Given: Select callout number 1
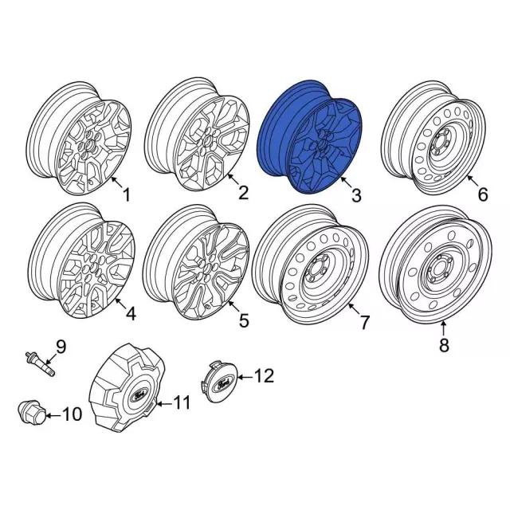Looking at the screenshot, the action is [x=126, y=194].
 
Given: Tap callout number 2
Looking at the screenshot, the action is [x=243, y=193].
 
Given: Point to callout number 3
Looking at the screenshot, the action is [x=356, y=195].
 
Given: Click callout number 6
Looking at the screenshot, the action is [x=483, y=194].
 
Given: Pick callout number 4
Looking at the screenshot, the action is [x=131, y=313].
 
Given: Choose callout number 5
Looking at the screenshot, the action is [x=244, y=320].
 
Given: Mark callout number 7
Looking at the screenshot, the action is [x=365, y=322].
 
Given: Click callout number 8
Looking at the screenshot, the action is [x=445, y=345].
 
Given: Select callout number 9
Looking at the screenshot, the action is [x=61, y=347].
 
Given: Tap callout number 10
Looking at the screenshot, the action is [x=72, y=414].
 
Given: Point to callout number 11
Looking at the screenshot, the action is [x=182, y=402].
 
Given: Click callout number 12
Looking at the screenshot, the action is [x=264, y=375].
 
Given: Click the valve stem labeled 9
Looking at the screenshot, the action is [x=41, y=365].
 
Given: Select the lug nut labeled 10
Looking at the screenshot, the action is [x=31, y=411].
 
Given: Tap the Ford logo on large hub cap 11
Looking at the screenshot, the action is [x=140, y=395].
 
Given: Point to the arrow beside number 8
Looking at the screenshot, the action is [x=444, y=328].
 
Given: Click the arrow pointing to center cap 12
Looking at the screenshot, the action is [x=245, y=377].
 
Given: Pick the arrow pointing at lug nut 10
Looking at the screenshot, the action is [x=53, y=415].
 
